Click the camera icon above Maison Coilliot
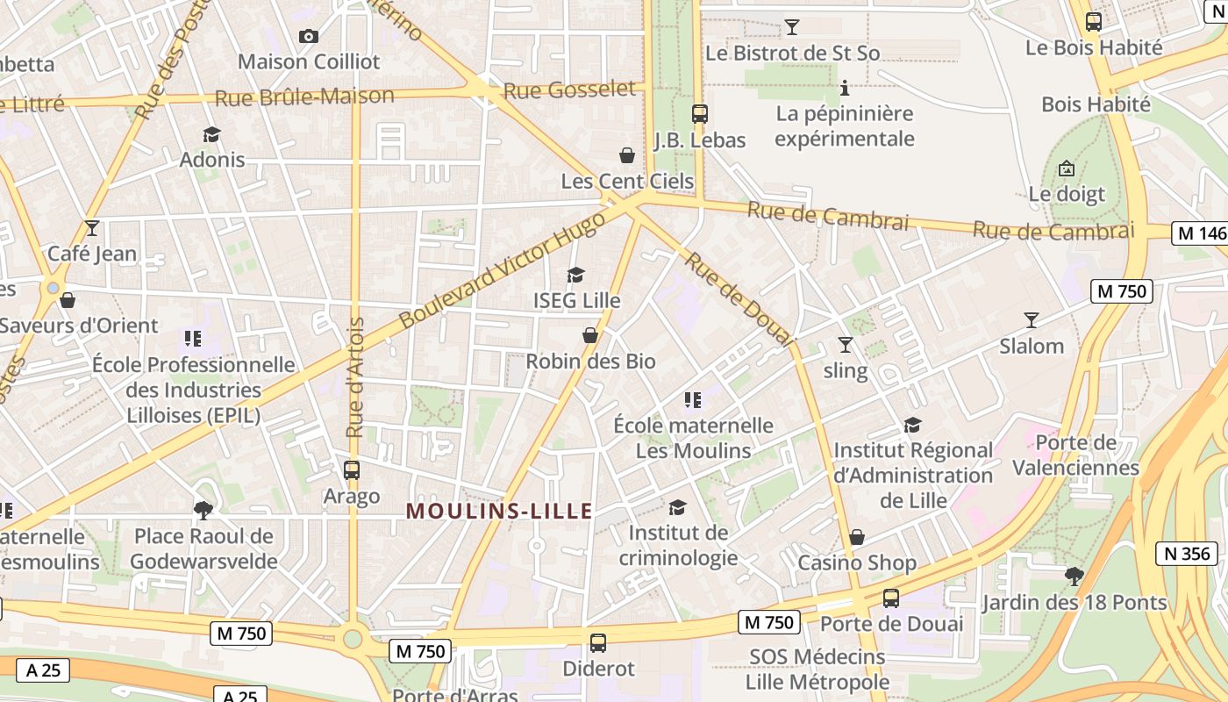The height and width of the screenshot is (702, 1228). coord(308,36)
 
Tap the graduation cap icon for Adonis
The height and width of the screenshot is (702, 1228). coord(211,134)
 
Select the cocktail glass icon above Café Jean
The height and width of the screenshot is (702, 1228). coord(92,228)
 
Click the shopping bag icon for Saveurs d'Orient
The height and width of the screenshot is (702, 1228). coord(68,300)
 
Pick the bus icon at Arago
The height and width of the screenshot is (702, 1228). coord(352,469)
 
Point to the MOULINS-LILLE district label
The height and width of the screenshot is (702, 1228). coord(499,511)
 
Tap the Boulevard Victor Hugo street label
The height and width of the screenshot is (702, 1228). coord(502,270)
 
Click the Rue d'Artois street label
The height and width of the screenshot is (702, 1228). coord(355,377)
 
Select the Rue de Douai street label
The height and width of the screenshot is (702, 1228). coord(739,298)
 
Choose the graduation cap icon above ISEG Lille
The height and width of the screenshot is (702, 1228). coord(576,276)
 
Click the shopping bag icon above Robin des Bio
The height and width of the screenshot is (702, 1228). coord(590,335)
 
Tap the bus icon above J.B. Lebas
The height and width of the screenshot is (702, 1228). coord(699,114)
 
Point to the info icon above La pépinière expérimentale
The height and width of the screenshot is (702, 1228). coord(845,88)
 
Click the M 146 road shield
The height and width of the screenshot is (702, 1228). coord(1199,233)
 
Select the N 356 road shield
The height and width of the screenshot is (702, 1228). coord(1188,554)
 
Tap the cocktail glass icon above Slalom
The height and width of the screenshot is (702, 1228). coord(1032,320)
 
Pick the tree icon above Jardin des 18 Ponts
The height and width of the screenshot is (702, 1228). coord(1074,577)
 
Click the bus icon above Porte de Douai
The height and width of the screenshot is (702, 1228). coord(891,598)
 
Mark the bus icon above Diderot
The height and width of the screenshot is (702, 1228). coord(598,643)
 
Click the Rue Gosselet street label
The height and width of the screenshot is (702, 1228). coord(569,90)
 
